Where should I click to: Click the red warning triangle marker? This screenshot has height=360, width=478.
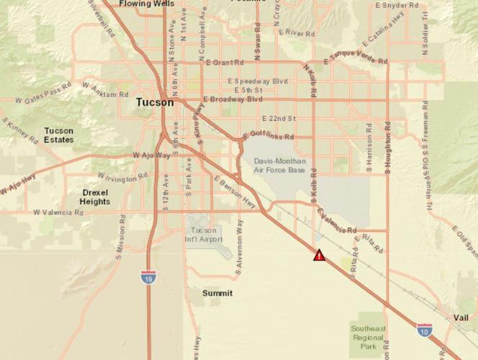(x=319, y=255)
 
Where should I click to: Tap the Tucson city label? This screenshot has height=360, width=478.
(x=155, y=103)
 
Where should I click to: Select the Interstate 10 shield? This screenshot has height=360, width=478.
(x=425, y=330)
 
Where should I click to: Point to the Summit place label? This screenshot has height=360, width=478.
(x=217, y=293)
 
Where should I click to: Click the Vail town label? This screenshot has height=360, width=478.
(x=461, y=318)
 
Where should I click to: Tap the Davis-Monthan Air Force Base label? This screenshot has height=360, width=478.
(x=279, y=166)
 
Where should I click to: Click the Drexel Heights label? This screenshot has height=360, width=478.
(x=95, y=197)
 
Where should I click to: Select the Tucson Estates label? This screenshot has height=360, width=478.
(x=59, y=135)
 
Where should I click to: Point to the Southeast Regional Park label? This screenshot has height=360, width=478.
(x=368, y=336)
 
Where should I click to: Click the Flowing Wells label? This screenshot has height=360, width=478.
(x=147, y=4)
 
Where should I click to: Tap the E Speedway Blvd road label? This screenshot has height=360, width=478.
(x=257, y=81)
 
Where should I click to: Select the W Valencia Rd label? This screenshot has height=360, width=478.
(x=63, y=213)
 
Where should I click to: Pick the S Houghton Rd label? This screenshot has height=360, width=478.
(x=387, y=152)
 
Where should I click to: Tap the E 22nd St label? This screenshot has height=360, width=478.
(x=279, y=118)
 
